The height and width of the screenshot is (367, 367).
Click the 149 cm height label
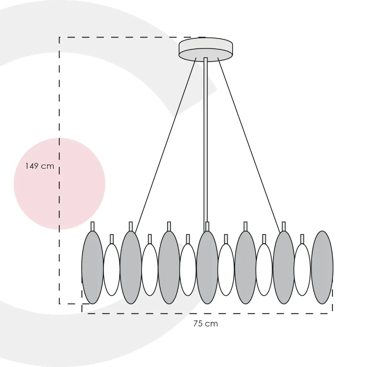39,166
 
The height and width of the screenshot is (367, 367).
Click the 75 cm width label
205,324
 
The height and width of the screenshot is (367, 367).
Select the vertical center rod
206,140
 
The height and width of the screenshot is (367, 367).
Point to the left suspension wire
166,143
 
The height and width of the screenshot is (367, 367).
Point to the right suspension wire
249,143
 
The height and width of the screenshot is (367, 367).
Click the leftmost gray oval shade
92,267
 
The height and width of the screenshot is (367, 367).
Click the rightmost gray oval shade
322,267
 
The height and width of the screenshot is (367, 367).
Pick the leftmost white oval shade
111,270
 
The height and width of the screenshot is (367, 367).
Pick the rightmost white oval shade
302,270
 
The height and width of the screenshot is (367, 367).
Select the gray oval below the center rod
207,267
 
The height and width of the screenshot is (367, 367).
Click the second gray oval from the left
131,267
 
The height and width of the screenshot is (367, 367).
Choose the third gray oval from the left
169,267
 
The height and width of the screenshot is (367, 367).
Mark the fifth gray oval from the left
246,267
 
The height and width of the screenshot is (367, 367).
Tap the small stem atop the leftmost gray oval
92,226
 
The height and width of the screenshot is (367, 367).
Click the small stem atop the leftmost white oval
111,239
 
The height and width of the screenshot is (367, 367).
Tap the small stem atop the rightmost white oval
302,239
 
